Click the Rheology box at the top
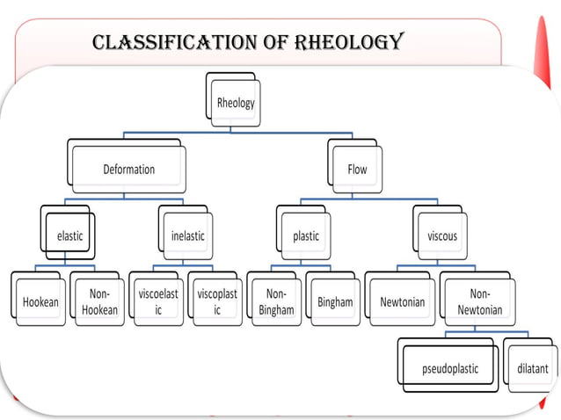click(x=236, y=103)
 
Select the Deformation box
click(x=128, y=169)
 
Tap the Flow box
click(x=357, y=169)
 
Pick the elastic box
click(x=70, y=235)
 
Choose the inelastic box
click(x=186, y=235)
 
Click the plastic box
click(x=306, y=235)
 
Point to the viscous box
click(x=442, y=235)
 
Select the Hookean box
click(x=40, y=302)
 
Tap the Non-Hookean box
click(x=98, y=302)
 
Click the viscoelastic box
click(x=158, y=302)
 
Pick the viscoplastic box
click(x=216, y=302)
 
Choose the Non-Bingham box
click(x=276, y=302)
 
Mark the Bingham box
click(x=335, y=302)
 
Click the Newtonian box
click(x=402, y=302)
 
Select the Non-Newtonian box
click(x=480, y=302)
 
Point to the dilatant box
click(x=531, y=368)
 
